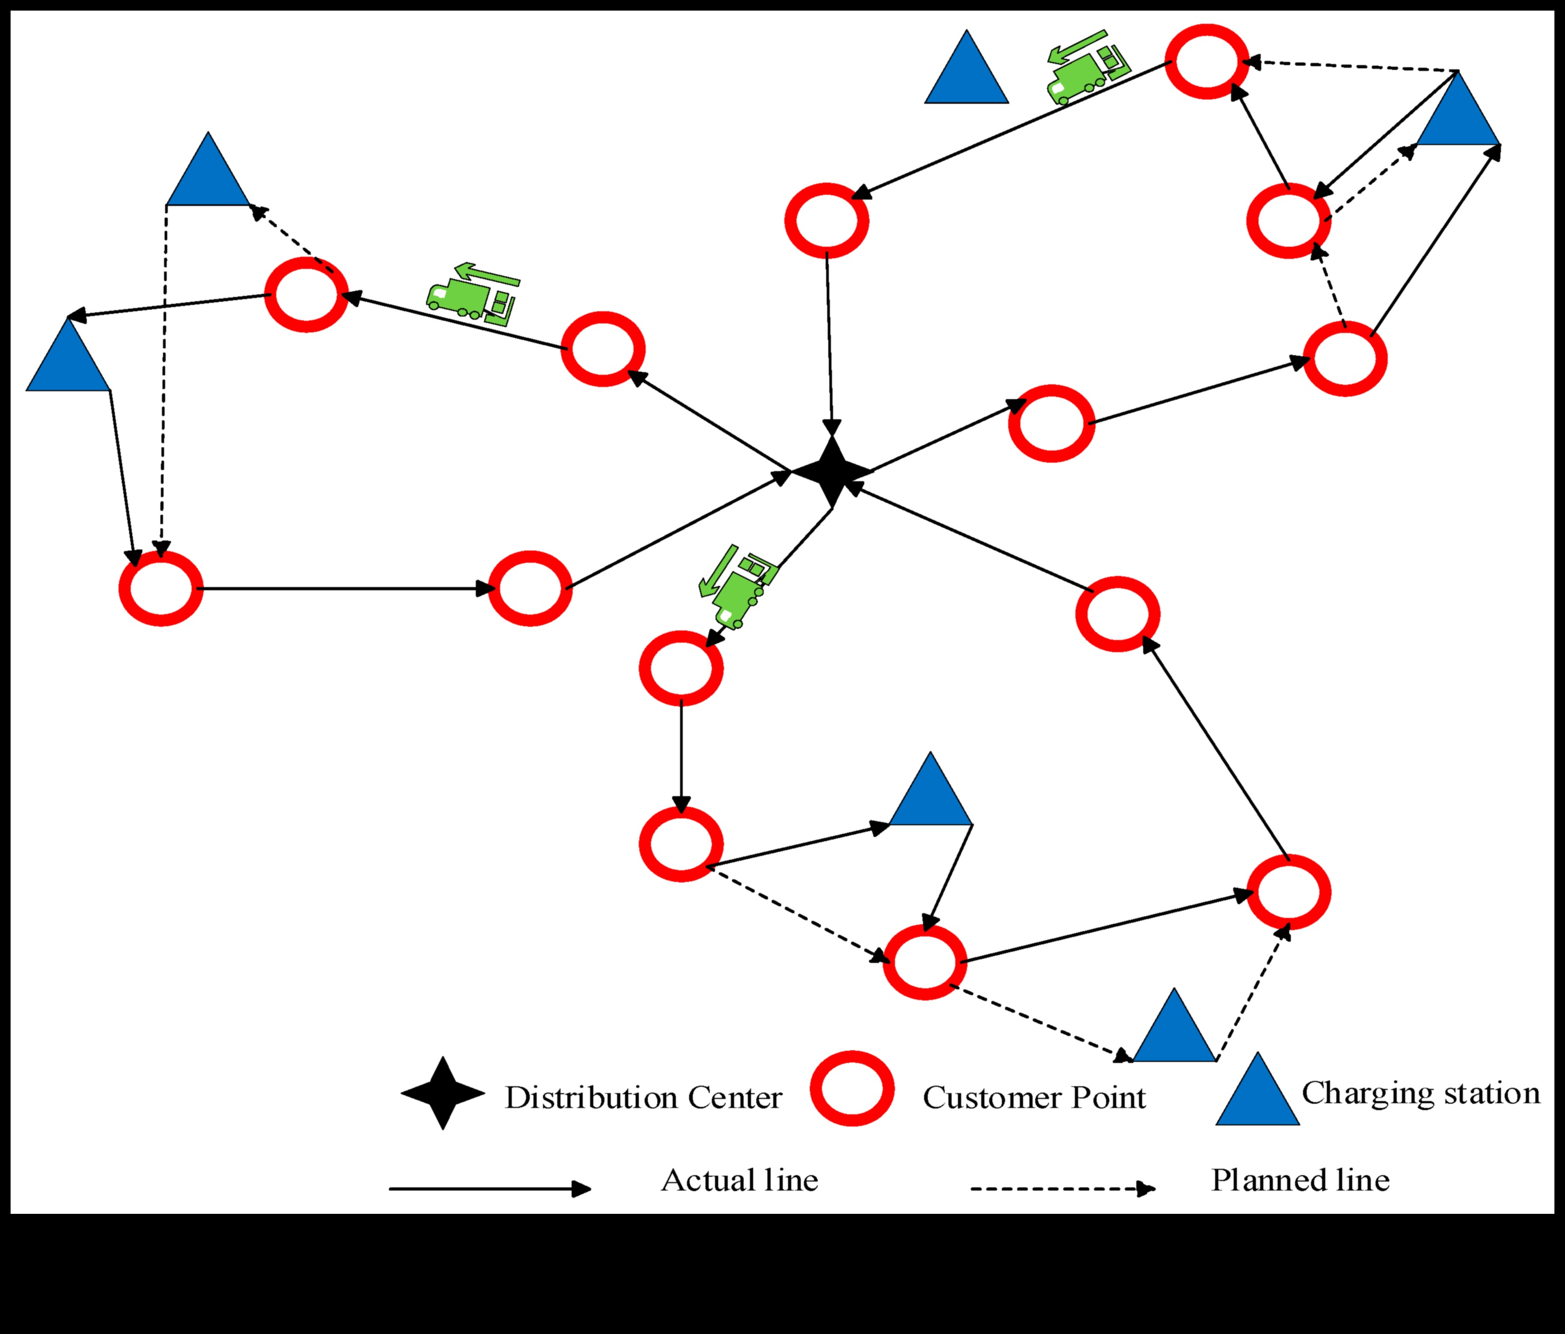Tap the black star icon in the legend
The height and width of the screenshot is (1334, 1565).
[442, 1093]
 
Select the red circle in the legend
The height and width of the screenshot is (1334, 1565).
[852, 1088]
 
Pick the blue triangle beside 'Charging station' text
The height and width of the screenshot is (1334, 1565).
[1257, 1093]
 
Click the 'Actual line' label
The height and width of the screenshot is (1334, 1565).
[739, 1180]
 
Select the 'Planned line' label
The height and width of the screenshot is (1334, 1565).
[1300, 1180]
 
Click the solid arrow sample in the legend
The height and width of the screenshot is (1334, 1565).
[490, 1189]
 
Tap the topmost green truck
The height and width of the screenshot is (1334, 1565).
[1086, 68]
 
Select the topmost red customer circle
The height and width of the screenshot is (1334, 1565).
[1206, 62]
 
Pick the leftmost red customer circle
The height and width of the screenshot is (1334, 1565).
[161, 588]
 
